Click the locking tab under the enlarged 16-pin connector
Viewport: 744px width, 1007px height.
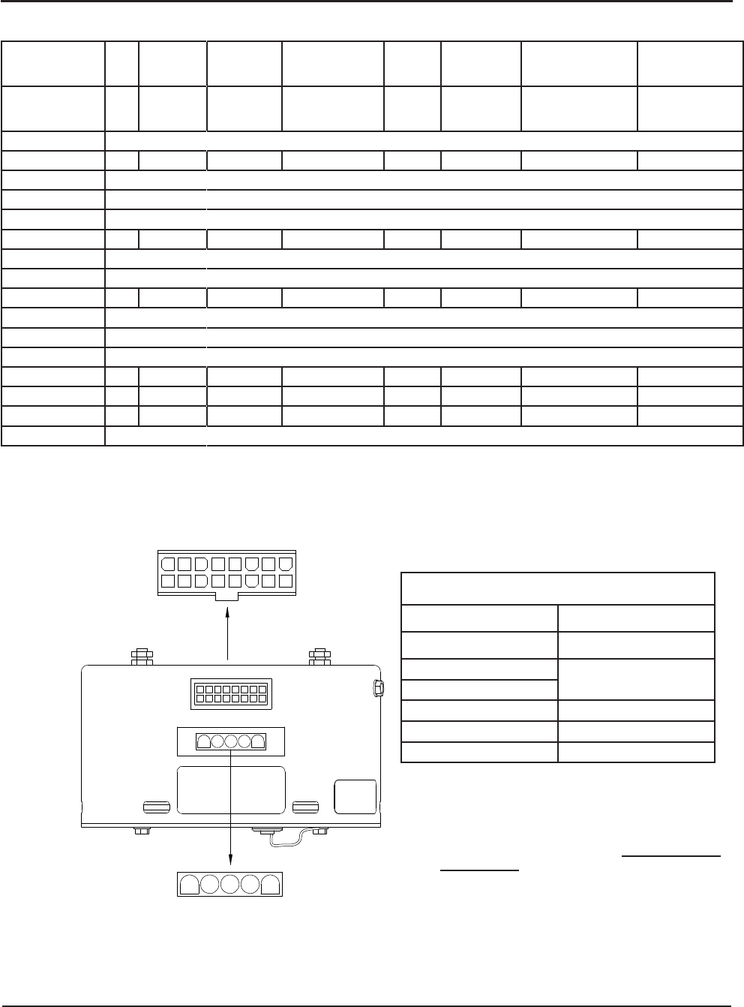226,597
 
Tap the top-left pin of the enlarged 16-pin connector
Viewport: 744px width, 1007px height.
166,564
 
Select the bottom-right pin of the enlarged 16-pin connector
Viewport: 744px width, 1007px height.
285,580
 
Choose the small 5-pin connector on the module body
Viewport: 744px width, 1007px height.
230,741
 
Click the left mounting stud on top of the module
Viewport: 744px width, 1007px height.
142,657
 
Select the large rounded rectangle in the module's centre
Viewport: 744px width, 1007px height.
230,789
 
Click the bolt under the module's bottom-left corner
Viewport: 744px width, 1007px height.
139,831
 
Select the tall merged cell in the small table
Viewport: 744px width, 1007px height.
636,680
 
